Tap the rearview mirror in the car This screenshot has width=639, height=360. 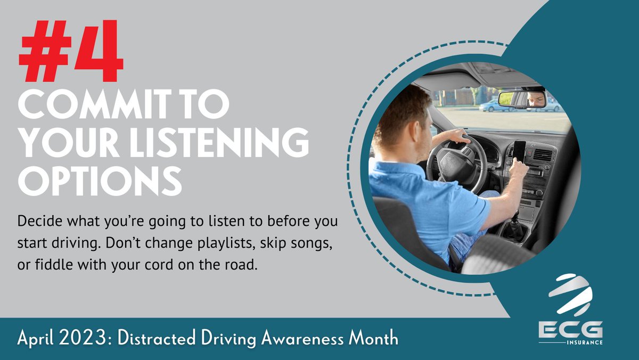click(x=522, y=99)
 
